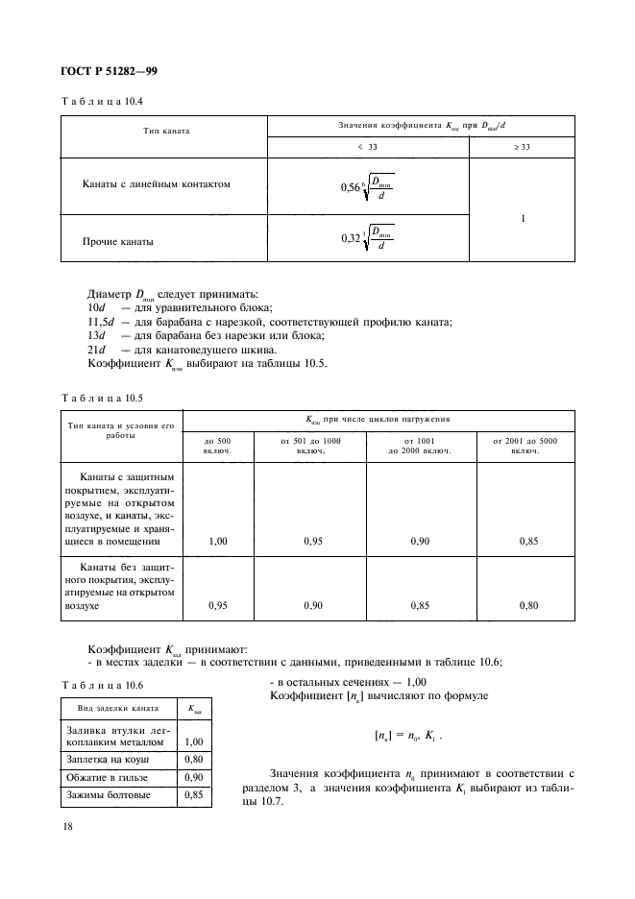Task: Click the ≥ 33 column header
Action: tap(523, 148)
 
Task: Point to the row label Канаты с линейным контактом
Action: tap(159, 183)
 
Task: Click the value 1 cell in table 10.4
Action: tap(523, 218)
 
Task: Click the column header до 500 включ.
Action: tap(217, 446)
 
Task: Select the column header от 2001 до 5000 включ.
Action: tap(525, 446)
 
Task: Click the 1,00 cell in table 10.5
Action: tap(218, 542)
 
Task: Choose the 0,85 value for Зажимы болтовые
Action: tap(197, 795)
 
